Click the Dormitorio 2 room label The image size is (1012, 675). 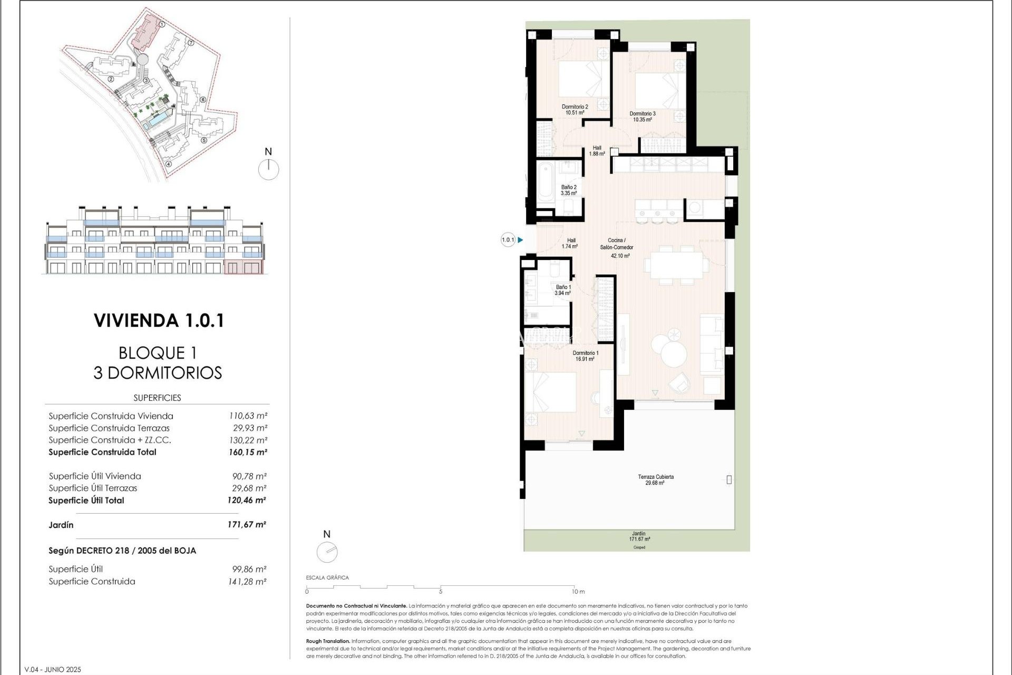coord(575,109)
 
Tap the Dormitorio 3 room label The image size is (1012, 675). coord(643,116)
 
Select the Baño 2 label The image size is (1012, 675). coord(569,190)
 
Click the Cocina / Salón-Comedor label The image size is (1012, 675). coord(617,247)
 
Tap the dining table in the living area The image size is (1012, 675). coord(676,265)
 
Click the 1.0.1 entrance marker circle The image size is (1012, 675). coord(508,240)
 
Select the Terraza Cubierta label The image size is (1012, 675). coord(655,479)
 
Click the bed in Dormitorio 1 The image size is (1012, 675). coord(550,393)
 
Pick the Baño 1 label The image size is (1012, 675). coord(563,290)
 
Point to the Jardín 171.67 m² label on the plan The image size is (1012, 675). coord(639,536)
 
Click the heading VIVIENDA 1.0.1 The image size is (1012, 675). coord(159,321)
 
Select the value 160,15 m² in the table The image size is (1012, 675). coord(248,452)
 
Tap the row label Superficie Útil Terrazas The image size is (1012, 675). coord(93,488)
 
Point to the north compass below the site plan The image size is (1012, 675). coord(268,169)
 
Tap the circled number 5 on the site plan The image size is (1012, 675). coord(204,140)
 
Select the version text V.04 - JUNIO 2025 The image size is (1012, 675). coord(53,670)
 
